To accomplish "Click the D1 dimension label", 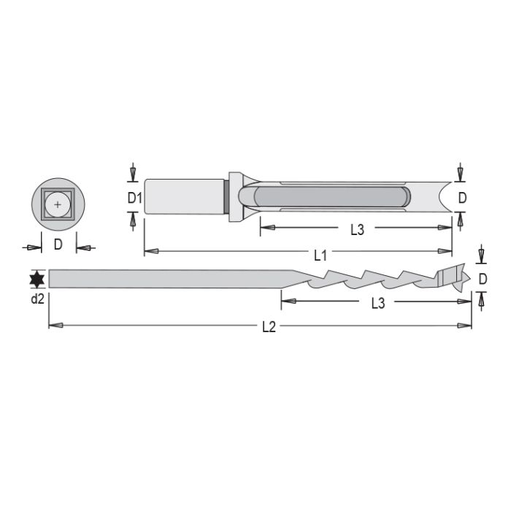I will click(133, 197).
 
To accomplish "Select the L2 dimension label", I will click(269, 328).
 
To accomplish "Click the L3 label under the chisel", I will click(356, 230).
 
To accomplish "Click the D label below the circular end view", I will click(58, 245).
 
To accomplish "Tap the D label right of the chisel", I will click(461, 197).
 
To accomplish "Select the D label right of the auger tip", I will click(482, 278).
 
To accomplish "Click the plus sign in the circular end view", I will click(58, 204).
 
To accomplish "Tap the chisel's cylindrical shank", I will click(182, 196).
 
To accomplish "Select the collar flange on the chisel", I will click(235, 196).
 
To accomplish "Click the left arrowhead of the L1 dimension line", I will click(150, 251).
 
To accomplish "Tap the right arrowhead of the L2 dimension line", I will click(465, 325).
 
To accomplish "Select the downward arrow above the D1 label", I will click(132, 174).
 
